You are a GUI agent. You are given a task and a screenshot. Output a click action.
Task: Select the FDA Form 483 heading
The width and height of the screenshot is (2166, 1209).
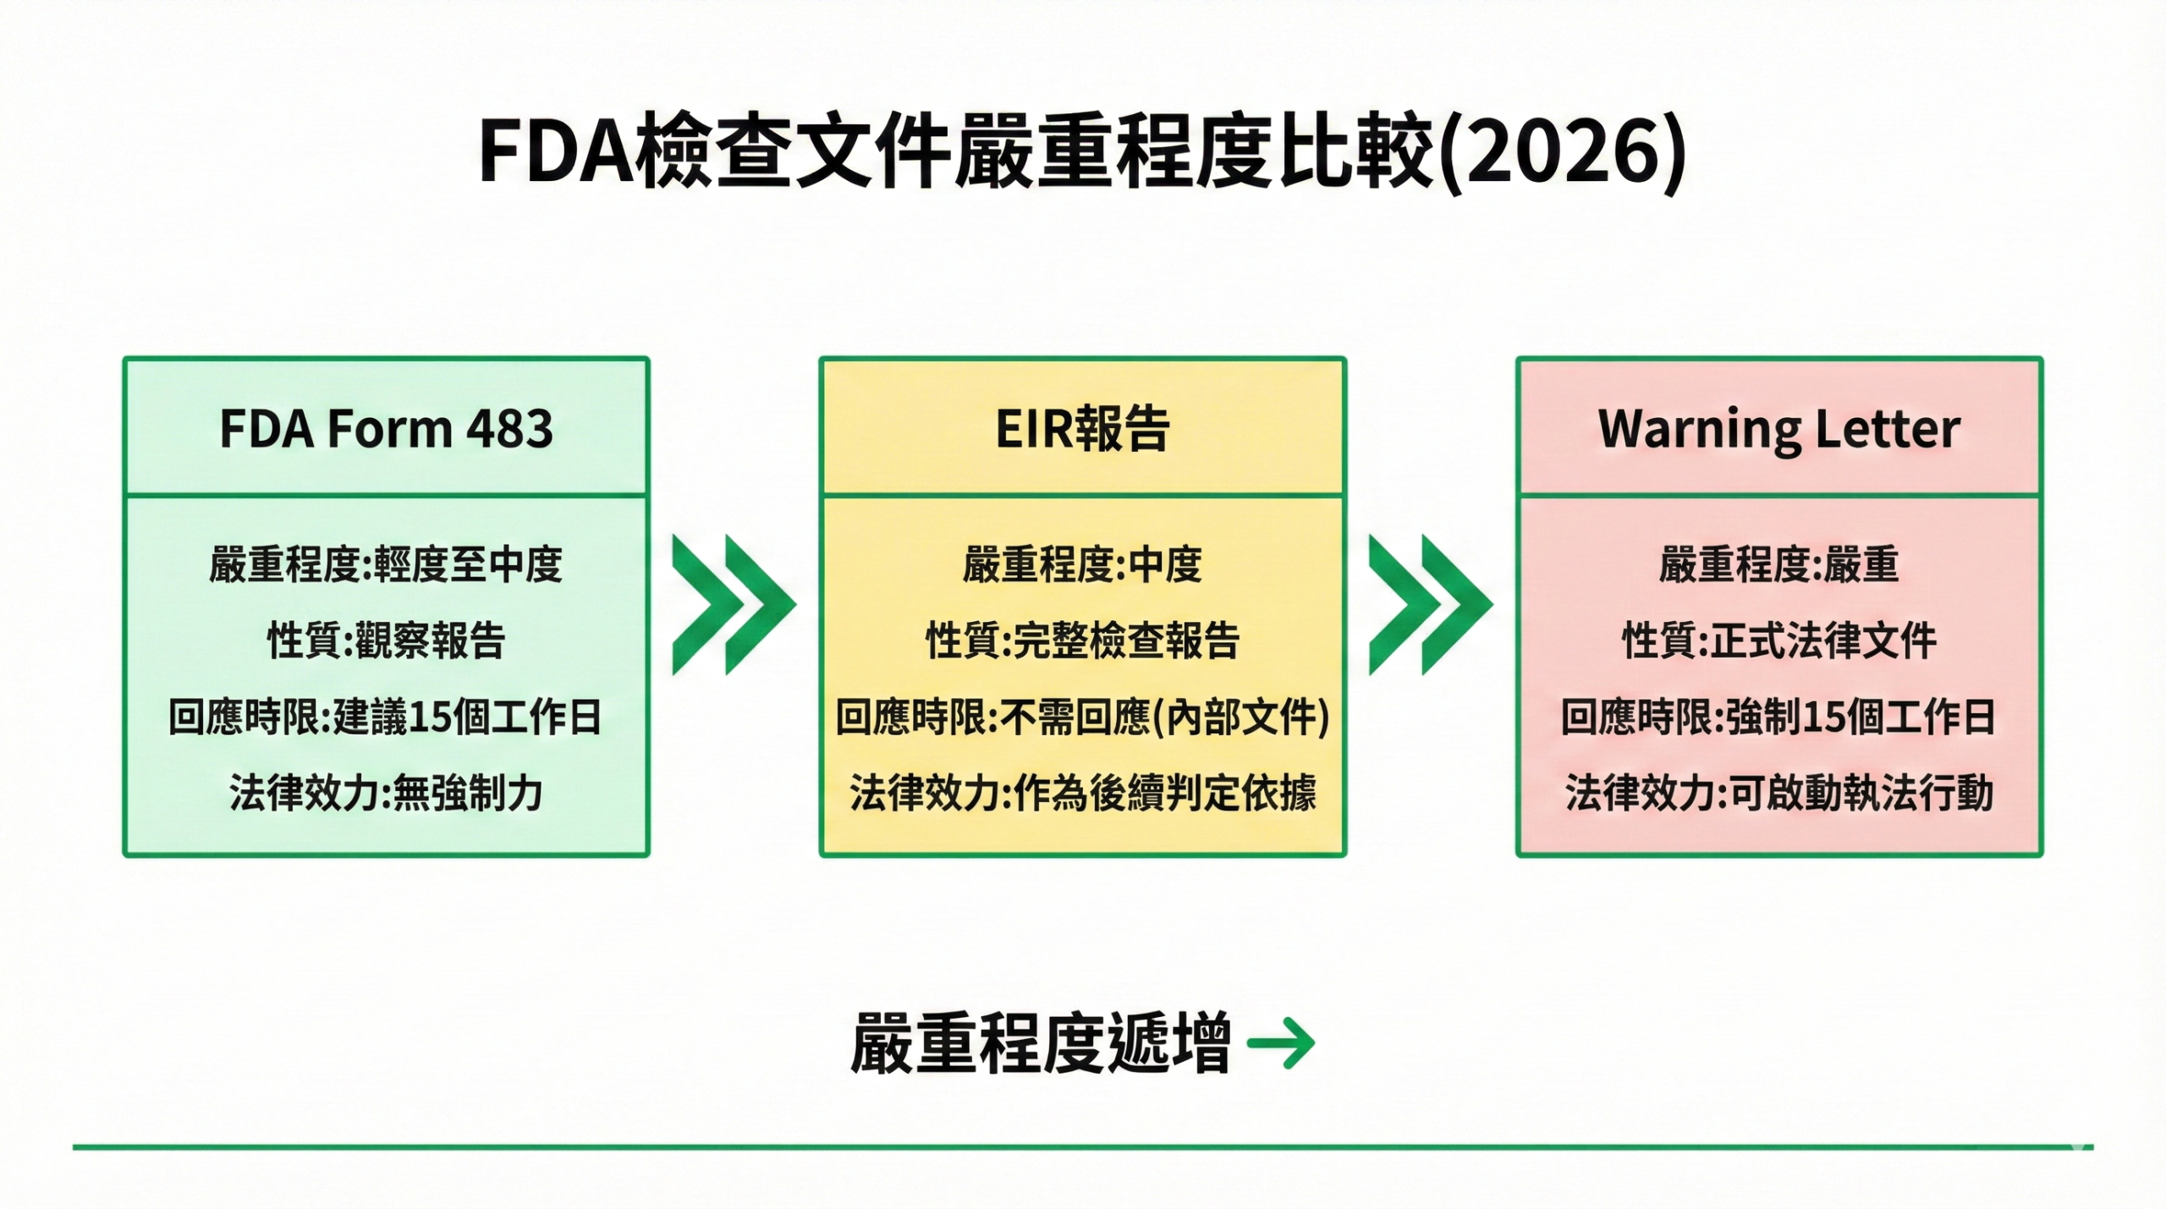(386, 428)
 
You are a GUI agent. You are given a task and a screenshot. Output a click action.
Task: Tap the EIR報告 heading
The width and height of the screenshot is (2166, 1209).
(1082, 428)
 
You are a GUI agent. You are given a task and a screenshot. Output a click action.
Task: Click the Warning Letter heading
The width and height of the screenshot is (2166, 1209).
(1778, 428)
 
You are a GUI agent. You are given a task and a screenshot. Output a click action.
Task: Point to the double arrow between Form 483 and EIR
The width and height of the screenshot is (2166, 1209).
(734, 605)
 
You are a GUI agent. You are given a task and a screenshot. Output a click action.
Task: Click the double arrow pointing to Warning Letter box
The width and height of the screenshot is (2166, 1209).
(1430, 605)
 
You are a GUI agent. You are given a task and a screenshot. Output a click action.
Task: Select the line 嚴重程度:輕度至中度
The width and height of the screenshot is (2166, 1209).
(386, 564)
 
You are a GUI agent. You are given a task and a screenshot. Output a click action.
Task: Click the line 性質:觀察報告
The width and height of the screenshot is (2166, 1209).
(386, 640)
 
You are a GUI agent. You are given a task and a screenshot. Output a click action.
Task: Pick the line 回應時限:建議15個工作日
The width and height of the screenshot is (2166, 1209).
(386, 717)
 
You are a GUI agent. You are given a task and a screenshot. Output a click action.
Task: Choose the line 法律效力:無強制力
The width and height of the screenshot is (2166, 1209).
(386, 793)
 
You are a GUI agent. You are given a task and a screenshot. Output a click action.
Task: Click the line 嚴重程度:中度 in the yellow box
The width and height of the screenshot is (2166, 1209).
(1082, 564)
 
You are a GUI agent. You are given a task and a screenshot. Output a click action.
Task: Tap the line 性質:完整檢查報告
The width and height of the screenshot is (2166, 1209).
(1082, 640)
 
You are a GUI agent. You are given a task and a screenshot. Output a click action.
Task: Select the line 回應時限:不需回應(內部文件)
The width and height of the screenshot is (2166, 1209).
(1082, 717)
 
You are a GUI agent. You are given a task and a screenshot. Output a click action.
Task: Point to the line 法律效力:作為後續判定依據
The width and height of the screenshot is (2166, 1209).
(1082, 793)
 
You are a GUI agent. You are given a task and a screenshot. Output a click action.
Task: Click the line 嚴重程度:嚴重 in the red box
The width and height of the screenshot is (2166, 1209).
(1778, 564)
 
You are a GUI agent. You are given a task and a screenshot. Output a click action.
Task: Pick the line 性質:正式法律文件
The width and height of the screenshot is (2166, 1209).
(1778, 640)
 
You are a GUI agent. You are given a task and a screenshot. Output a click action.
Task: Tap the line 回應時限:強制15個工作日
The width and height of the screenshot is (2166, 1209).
(1778, 717)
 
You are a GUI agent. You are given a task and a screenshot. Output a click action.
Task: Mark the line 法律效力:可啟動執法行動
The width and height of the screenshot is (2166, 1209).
(1778, 793)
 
